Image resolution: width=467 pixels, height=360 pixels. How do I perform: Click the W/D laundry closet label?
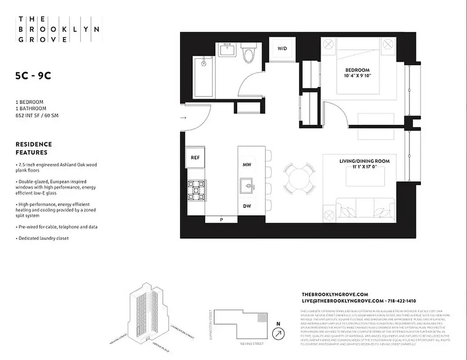tap(282, 49)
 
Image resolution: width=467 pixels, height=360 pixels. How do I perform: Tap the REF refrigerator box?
tap(195, 157)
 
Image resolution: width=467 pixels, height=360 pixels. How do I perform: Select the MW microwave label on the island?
tap(247, 165)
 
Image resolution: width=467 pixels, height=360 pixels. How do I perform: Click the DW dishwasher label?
tap(247, 206)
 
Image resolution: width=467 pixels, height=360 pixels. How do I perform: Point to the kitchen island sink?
tap(247, 185)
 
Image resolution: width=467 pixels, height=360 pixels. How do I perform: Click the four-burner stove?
tap(196, 190)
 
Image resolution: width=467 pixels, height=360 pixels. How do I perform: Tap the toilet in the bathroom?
tap(247, 53)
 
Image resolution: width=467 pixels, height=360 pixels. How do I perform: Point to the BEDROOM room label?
tap(357, 70)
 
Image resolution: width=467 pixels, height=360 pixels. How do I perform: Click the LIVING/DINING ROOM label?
tap(364, 161)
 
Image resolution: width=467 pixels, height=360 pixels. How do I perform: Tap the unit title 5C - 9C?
tap(33, 76)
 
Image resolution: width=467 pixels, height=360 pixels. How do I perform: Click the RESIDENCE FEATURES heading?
tap(34, 148)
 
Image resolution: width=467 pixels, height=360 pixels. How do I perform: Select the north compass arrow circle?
tap(278, 334)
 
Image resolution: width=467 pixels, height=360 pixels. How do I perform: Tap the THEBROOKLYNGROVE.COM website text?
tap(335, 294)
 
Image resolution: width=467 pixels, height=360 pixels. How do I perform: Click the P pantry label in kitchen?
tap(221, 220)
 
